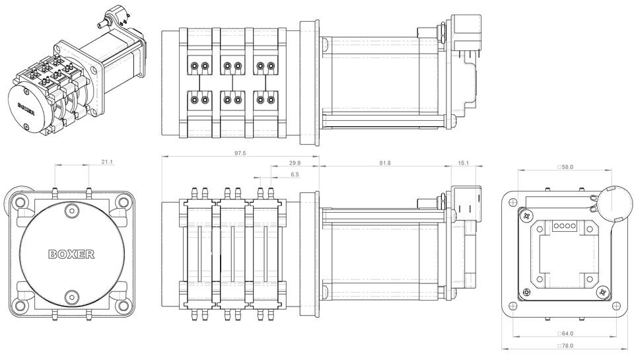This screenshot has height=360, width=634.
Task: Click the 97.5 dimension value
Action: tap(240, 153)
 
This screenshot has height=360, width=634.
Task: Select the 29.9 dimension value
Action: tap(295, 162)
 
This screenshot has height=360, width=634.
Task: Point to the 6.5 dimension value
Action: tap(295, 174)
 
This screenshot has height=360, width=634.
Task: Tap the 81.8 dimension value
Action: tap(384, 162)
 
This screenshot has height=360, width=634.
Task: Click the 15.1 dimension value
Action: tap(462, 162)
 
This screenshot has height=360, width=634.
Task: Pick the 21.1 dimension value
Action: tap(107, 161)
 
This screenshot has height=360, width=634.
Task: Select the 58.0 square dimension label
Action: tap(565, 167)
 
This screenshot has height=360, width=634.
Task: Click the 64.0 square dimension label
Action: tap(565, 334)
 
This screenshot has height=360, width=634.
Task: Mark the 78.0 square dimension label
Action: tap(565, 345)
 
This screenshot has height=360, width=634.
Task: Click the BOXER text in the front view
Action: tap(71, 254)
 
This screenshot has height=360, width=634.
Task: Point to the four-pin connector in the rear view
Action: tap(565, 225)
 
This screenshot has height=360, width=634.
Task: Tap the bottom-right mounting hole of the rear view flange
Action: tap(616, 306)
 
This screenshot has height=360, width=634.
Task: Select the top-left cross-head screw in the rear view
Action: tap(526, 215)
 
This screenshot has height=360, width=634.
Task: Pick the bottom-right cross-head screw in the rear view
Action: tap(602, 291)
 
